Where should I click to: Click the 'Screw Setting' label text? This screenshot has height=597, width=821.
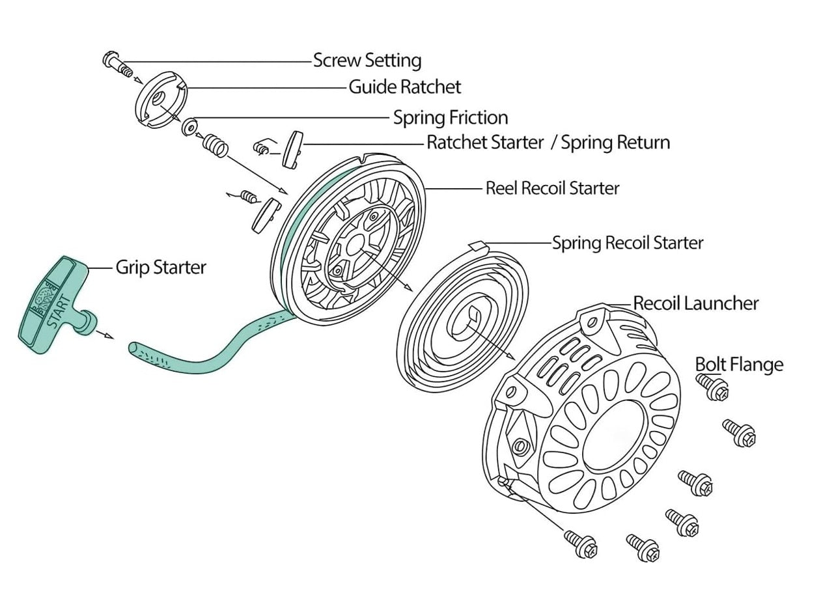[x=367, y=61]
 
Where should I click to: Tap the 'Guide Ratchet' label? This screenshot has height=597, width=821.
[x=404, y=87]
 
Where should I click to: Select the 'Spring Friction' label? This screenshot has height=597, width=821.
[x=450, y=118]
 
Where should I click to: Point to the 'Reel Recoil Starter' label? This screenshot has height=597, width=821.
[x=552, y=188]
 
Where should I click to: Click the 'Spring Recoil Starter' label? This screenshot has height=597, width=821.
[x=628, y=243]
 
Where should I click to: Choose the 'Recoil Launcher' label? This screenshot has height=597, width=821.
[x=695, y=303]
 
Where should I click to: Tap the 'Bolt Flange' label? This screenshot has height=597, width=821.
[x=739, y=364]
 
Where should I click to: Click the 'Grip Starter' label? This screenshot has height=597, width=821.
[x=161, y=267]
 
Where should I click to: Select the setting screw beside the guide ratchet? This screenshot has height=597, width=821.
[x=118, y=64]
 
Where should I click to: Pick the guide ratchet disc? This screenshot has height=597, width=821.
[x=160, y=100]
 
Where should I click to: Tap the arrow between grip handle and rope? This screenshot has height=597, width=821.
[x=104, y=335]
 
